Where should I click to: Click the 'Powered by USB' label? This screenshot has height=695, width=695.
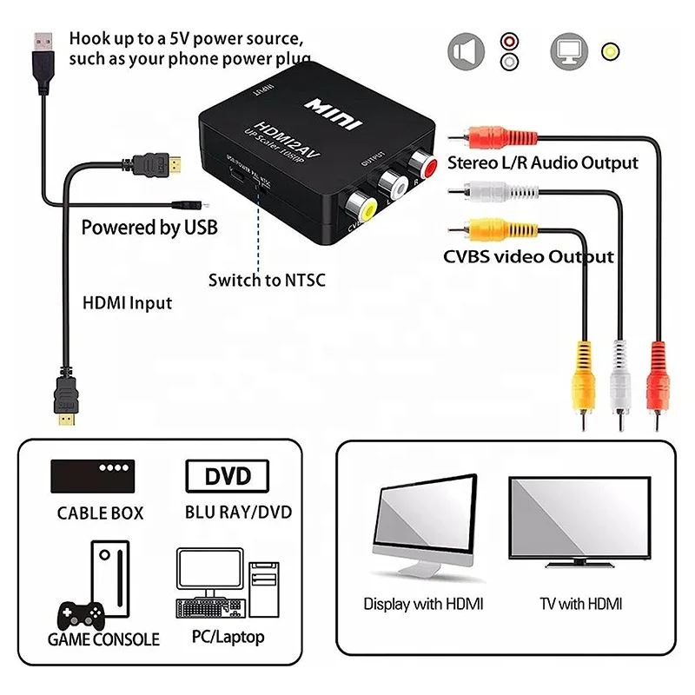click(x=149, y=228)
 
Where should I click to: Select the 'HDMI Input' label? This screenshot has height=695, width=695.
click(x=127, y=303)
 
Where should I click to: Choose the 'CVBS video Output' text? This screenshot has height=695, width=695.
click(x=528, y=257)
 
